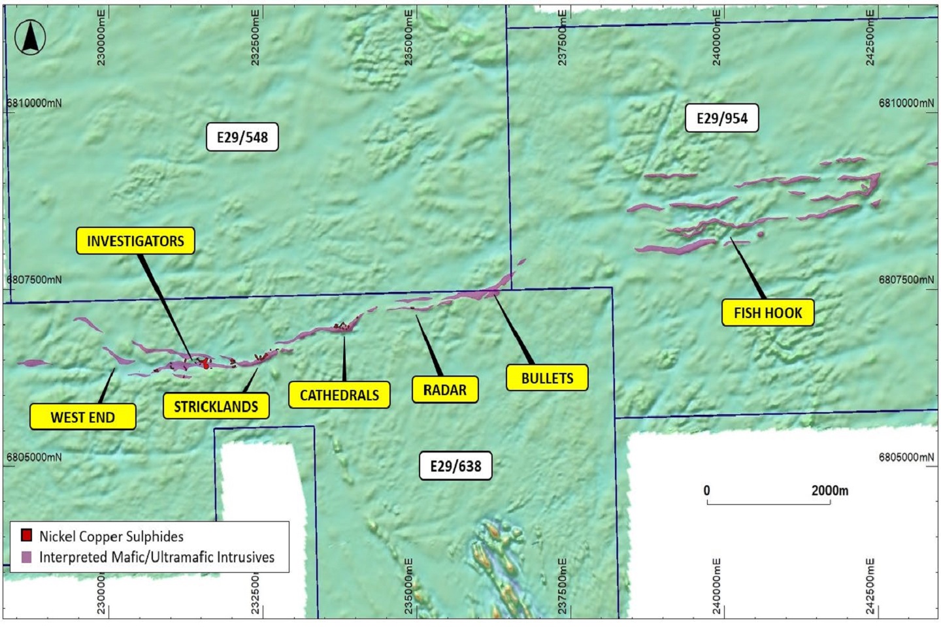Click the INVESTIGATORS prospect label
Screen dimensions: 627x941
pos(135,241)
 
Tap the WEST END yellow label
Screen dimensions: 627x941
pos(83,417)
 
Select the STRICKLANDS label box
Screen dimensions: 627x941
pos(216,406)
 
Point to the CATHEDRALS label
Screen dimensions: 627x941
pos(339,395)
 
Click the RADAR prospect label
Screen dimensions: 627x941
pos(445,390)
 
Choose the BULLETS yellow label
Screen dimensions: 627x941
pos(547,378)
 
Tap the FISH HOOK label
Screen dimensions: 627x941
pos(767,313)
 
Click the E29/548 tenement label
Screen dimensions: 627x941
pos(242,137)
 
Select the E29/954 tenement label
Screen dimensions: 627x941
pos(721,118)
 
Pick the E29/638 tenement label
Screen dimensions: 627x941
pos(455,466)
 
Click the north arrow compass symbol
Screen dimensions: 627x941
pos(30,37)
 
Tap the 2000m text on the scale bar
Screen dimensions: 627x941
pos(829,490)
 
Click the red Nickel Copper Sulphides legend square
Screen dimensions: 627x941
pos(27,536)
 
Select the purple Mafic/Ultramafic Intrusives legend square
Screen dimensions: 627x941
pos(27,557)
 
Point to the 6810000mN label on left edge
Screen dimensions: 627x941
pos(34,103)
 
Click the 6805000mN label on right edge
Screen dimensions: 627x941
pos(906,457)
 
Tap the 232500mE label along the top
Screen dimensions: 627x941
pos(256,38)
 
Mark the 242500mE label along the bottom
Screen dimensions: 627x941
pos(870,586)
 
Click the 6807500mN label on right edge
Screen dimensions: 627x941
pos(906,280)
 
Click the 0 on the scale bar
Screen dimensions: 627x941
pos(706,490)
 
